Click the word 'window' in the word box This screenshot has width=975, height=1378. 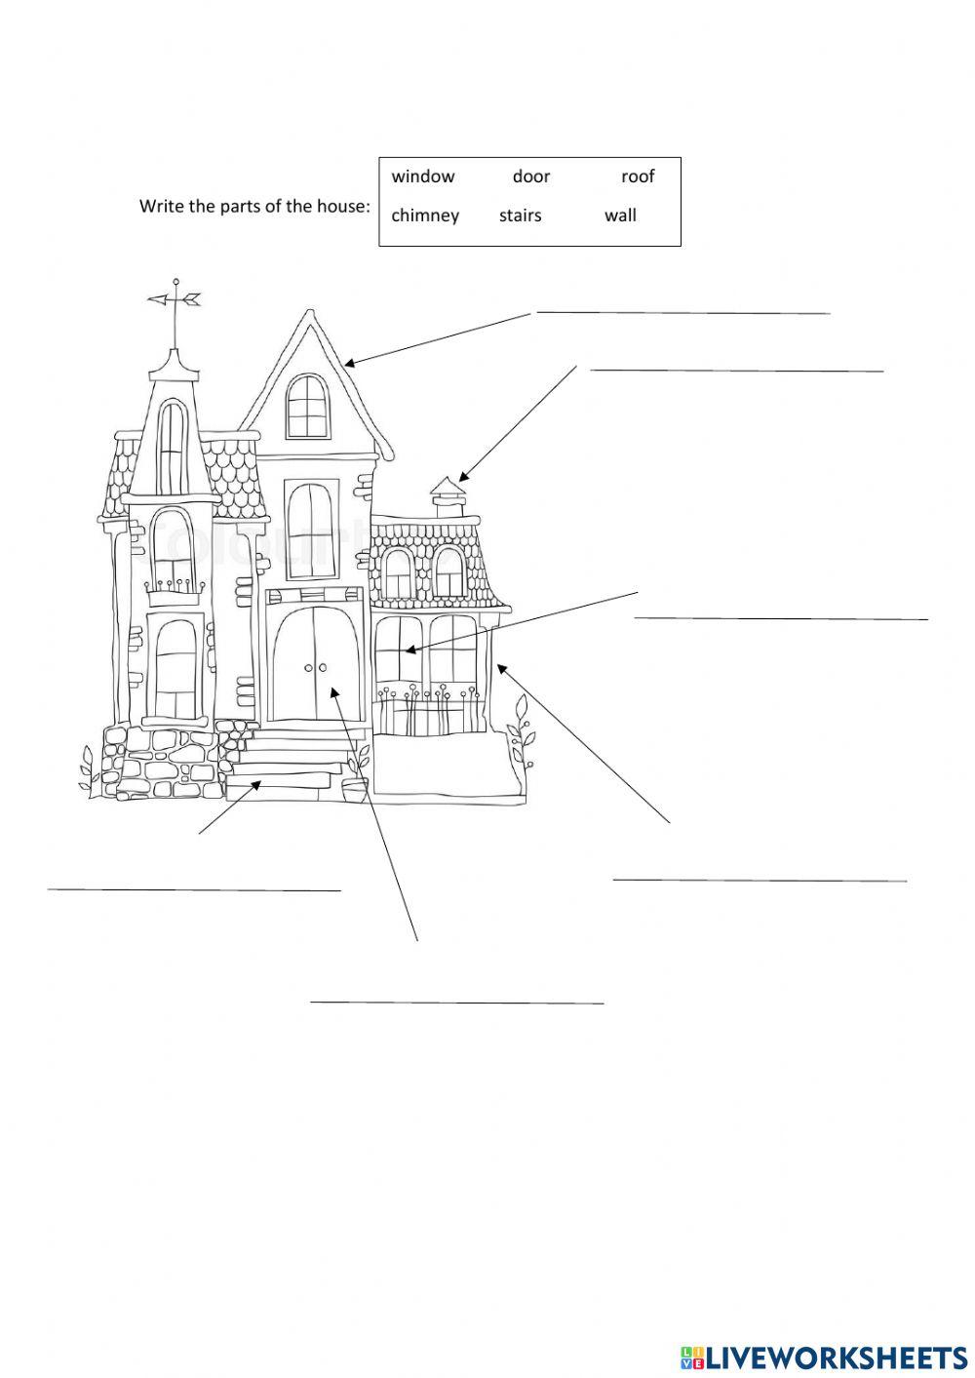click(x=422, y=177)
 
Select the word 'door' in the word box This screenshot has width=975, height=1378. click(x=531, y=177)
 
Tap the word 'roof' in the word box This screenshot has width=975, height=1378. click(x=638, y=177)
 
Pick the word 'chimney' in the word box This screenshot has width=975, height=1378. click(x=425, y=216)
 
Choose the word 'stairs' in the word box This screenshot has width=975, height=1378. click(x=520, y=216)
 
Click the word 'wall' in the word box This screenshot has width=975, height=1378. click(x=620, y=216)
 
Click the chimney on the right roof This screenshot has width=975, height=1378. click(x=448, y=498)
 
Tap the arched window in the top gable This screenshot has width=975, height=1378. click(x=305, y=406)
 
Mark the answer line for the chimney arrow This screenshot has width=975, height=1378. click(x=736, y=371)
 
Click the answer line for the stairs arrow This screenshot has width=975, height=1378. click(x=194, y=889)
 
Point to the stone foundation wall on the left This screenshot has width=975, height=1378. click(x=156, y=762)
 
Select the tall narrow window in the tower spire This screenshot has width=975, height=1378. click(x=173, y=445)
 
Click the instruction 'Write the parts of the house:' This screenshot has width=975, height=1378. click(x=254, y=206)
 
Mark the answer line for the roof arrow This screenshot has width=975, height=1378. click(x=682, y=313)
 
